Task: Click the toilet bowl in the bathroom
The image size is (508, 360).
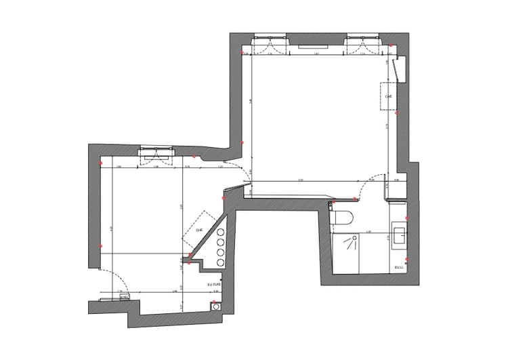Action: pos(342,218)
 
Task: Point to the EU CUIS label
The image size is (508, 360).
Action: pos(214,284)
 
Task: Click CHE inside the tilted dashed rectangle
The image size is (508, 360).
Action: pos(199,231)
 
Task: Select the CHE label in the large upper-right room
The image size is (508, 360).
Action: pos(388,97)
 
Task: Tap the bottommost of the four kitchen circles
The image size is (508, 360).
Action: pos(221,263)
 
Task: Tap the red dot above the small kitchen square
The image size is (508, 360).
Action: pos(213,301)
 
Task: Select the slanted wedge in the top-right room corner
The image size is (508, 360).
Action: pos(400,68)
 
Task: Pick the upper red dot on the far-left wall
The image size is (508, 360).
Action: pos(100,163)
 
